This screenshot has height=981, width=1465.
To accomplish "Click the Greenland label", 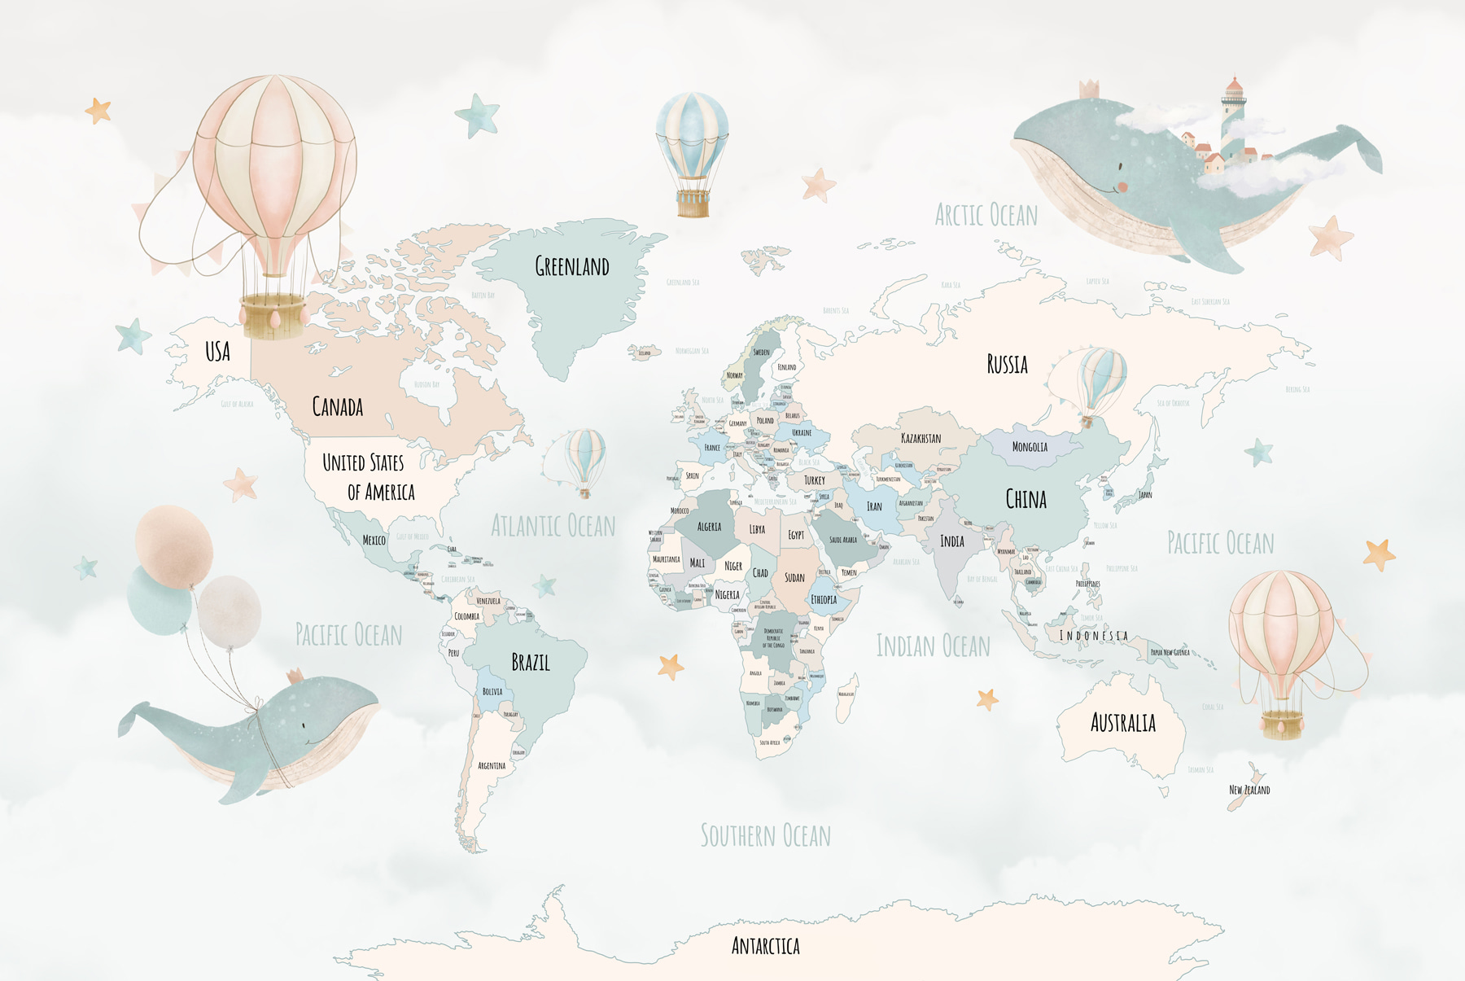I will (x=571, y=266).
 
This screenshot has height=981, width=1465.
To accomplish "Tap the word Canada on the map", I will (x=337, y=406).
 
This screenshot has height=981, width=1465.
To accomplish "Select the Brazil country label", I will (x=530, y=663).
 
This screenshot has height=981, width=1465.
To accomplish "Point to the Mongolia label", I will (x=1030, y=447).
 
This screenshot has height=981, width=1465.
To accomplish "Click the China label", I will (x=1025, y=499).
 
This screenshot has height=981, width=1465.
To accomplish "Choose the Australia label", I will (x=1122, y=723).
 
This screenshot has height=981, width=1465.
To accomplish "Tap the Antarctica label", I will (x=765, y=946).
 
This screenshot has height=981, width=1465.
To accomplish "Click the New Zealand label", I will (x=1249, y=790).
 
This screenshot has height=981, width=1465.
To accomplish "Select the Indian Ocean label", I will (x=933, y=646).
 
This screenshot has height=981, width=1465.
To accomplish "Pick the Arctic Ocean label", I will (x=986, y=216).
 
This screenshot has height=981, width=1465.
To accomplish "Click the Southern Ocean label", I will (x=765, y=836).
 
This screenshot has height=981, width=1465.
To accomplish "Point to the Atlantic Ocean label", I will (x=553, y=526).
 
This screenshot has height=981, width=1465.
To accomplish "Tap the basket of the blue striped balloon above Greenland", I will (x=693, y=204).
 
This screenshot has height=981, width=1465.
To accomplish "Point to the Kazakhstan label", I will (x=921, y=438).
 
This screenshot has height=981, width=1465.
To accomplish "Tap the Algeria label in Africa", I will (x=709, y=527).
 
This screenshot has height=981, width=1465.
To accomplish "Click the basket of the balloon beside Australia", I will (x=1282, y=724).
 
